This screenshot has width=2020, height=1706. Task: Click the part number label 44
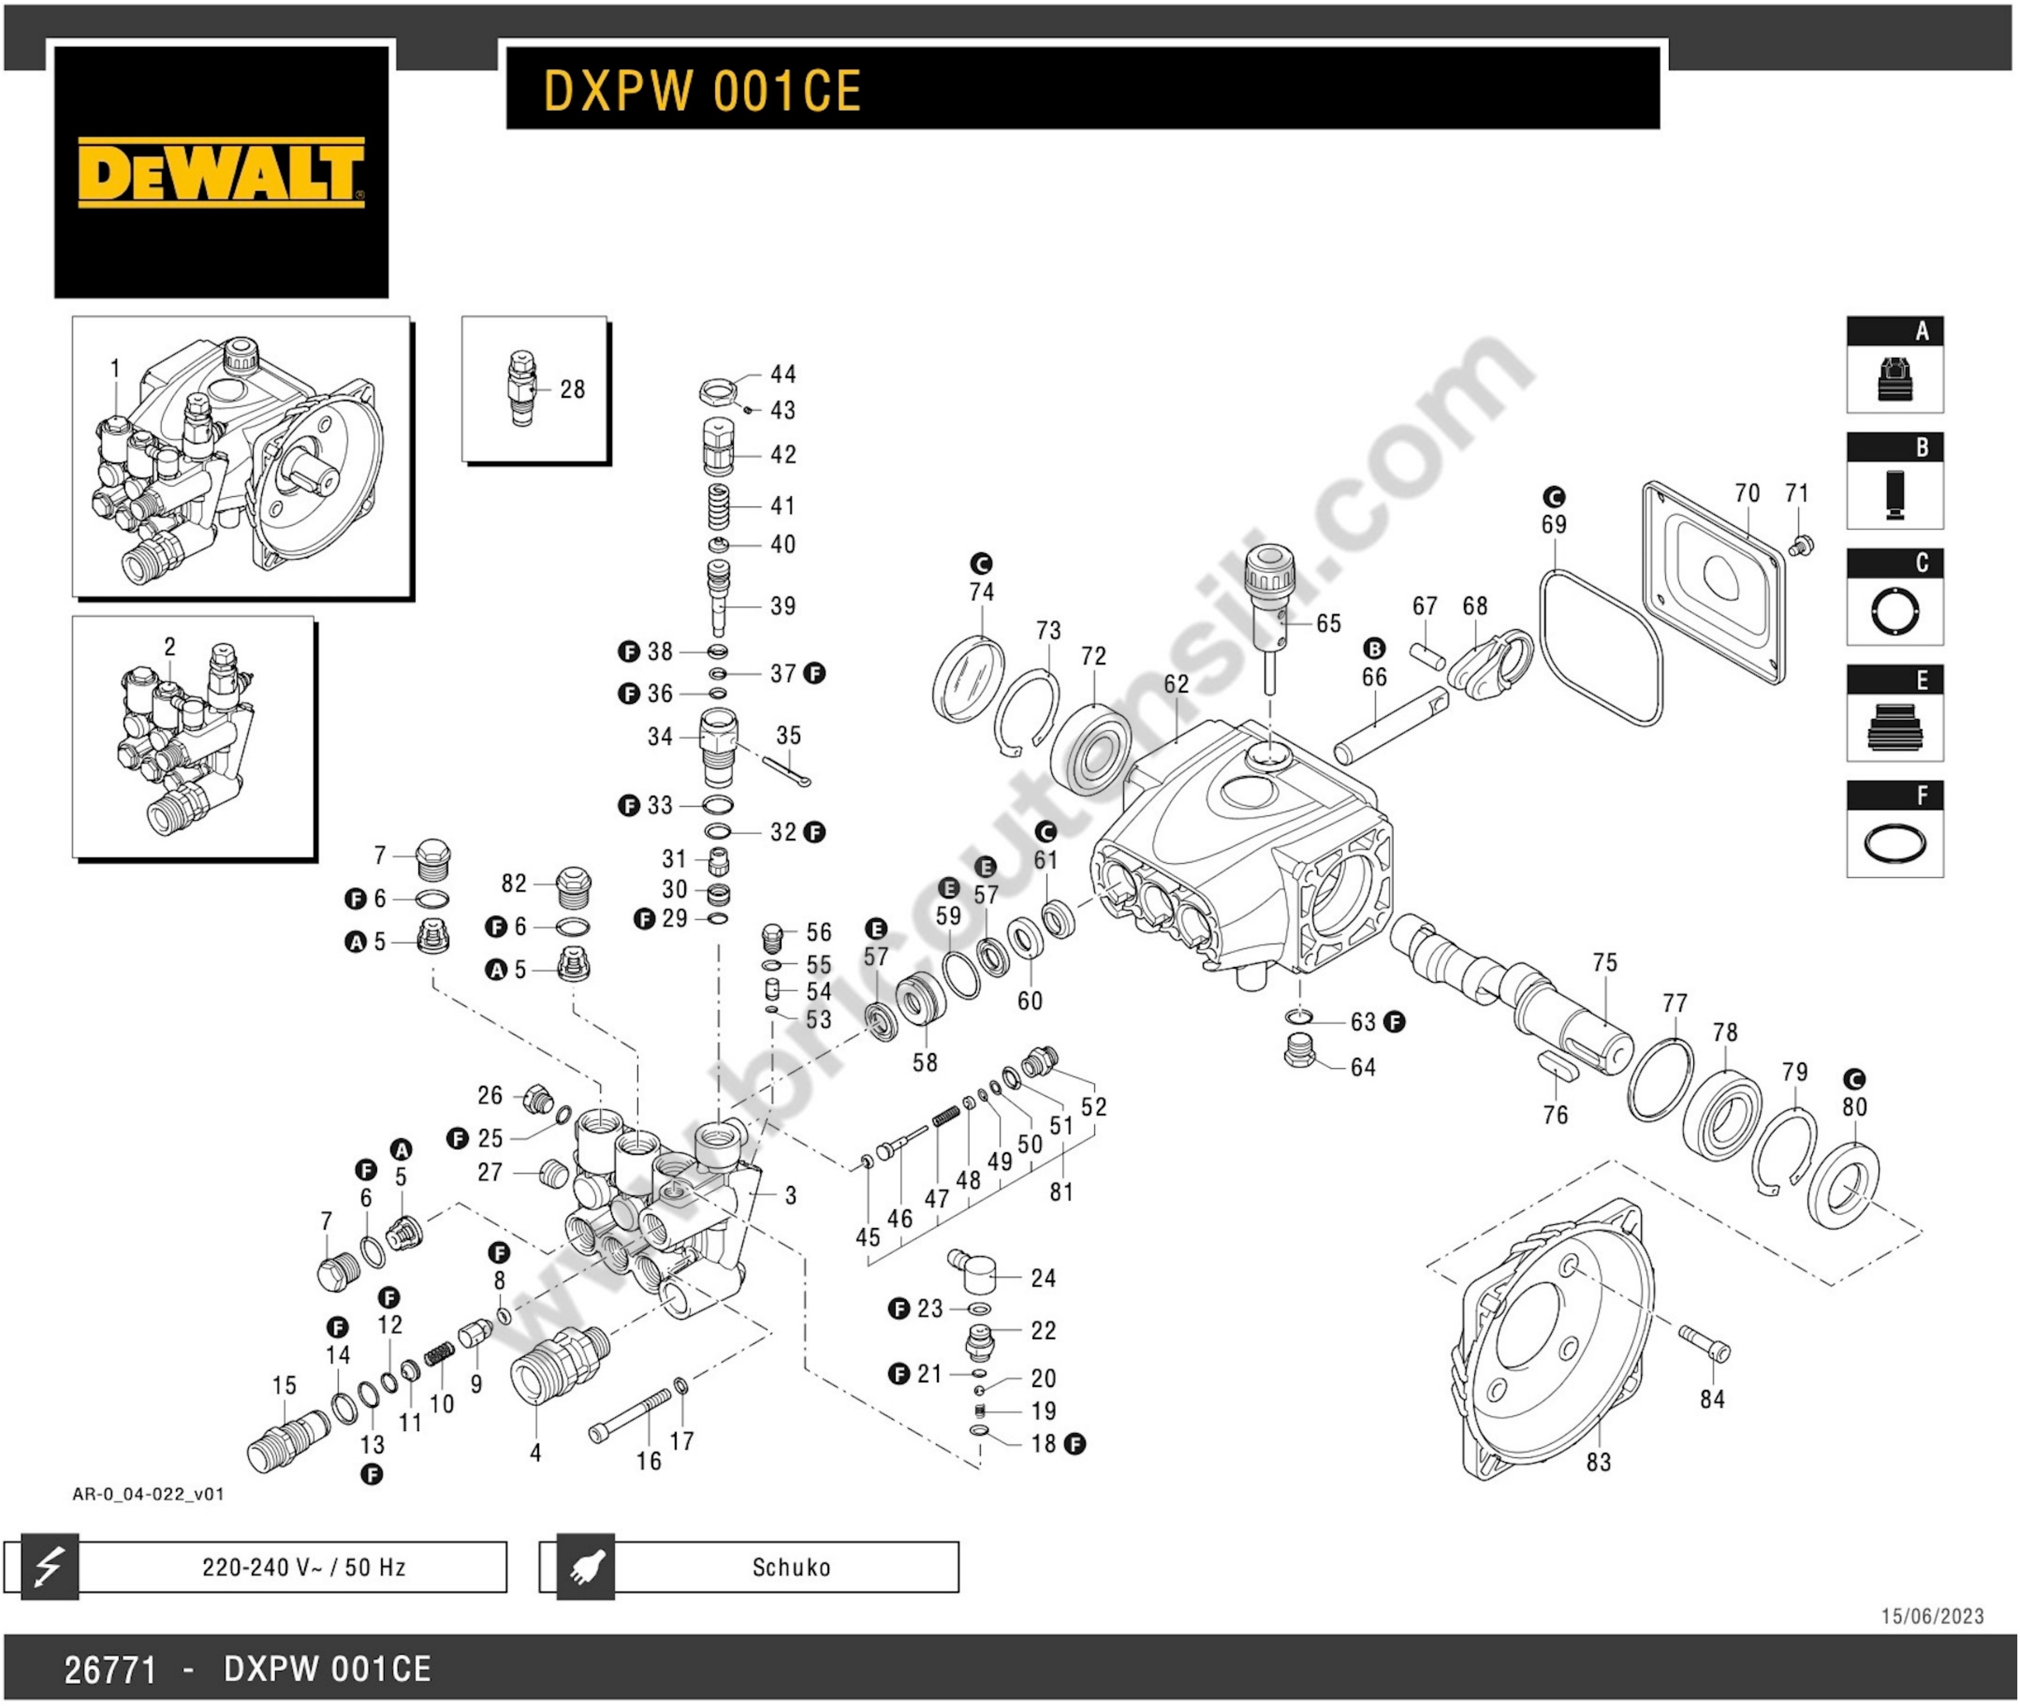coord(783,374)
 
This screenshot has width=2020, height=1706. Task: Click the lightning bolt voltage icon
coord(48,1567)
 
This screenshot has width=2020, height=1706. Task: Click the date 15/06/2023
coord(1932,1616)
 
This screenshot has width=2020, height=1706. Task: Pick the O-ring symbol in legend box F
coord(1894,842)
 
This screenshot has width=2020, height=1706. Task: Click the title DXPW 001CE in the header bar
coord(702,91)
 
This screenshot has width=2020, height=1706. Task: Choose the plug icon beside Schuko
coord(586,1567)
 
